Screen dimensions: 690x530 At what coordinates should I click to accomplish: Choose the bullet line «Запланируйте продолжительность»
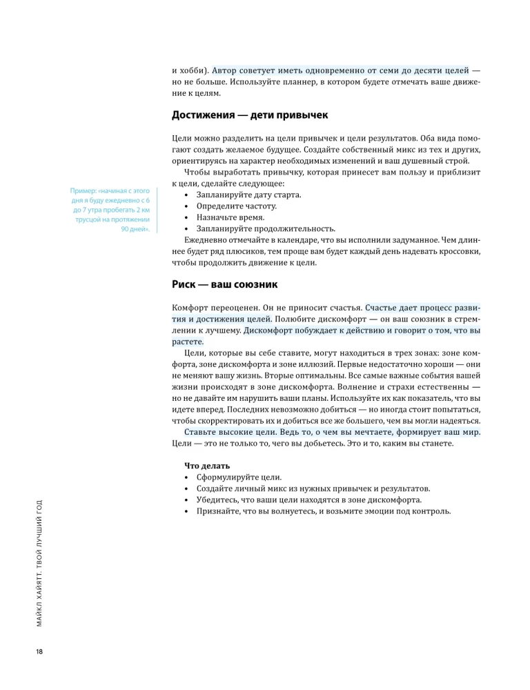click(266, 228)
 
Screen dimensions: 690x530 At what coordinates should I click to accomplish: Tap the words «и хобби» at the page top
click(189, 71)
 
